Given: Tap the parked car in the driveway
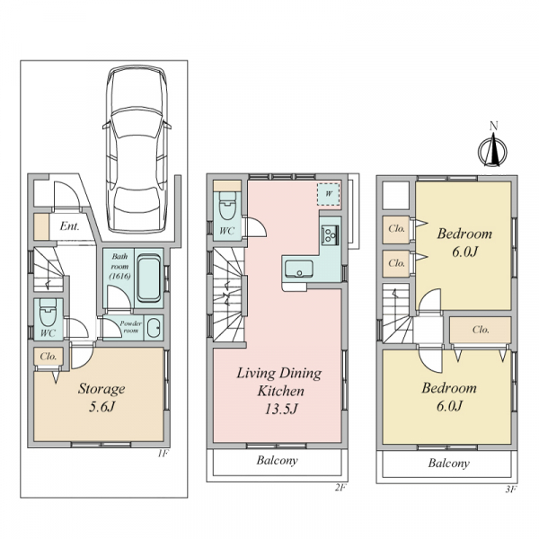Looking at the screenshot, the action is [137, 149].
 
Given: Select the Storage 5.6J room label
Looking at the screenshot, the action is [102, 397].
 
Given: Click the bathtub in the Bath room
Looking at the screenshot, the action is [149, 278].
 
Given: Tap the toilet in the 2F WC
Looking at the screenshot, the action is [227, 205].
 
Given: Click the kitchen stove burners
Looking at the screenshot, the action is [330, 234].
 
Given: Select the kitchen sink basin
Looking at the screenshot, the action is [299, 268].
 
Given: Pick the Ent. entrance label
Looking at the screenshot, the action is [69, 226].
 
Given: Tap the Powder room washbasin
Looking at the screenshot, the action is [154, 328].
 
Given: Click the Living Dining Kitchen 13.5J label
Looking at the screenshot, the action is [279, 391].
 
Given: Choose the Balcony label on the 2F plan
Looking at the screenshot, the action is [277, 460].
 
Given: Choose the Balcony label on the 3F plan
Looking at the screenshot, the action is [448, 463].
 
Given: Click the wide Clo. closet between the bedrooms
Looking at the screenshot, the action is [481, 330].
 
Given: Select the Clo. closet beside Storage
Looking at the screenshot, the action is [49, 357].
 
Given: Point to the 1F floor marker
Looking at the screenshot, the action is [163, 454].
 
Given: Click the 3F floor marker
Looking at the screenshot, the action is [511, 490].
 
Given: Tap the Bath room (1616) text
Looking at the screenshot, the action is [119, 266].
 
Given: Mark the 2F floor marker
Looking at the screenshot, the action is [340, 488].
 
